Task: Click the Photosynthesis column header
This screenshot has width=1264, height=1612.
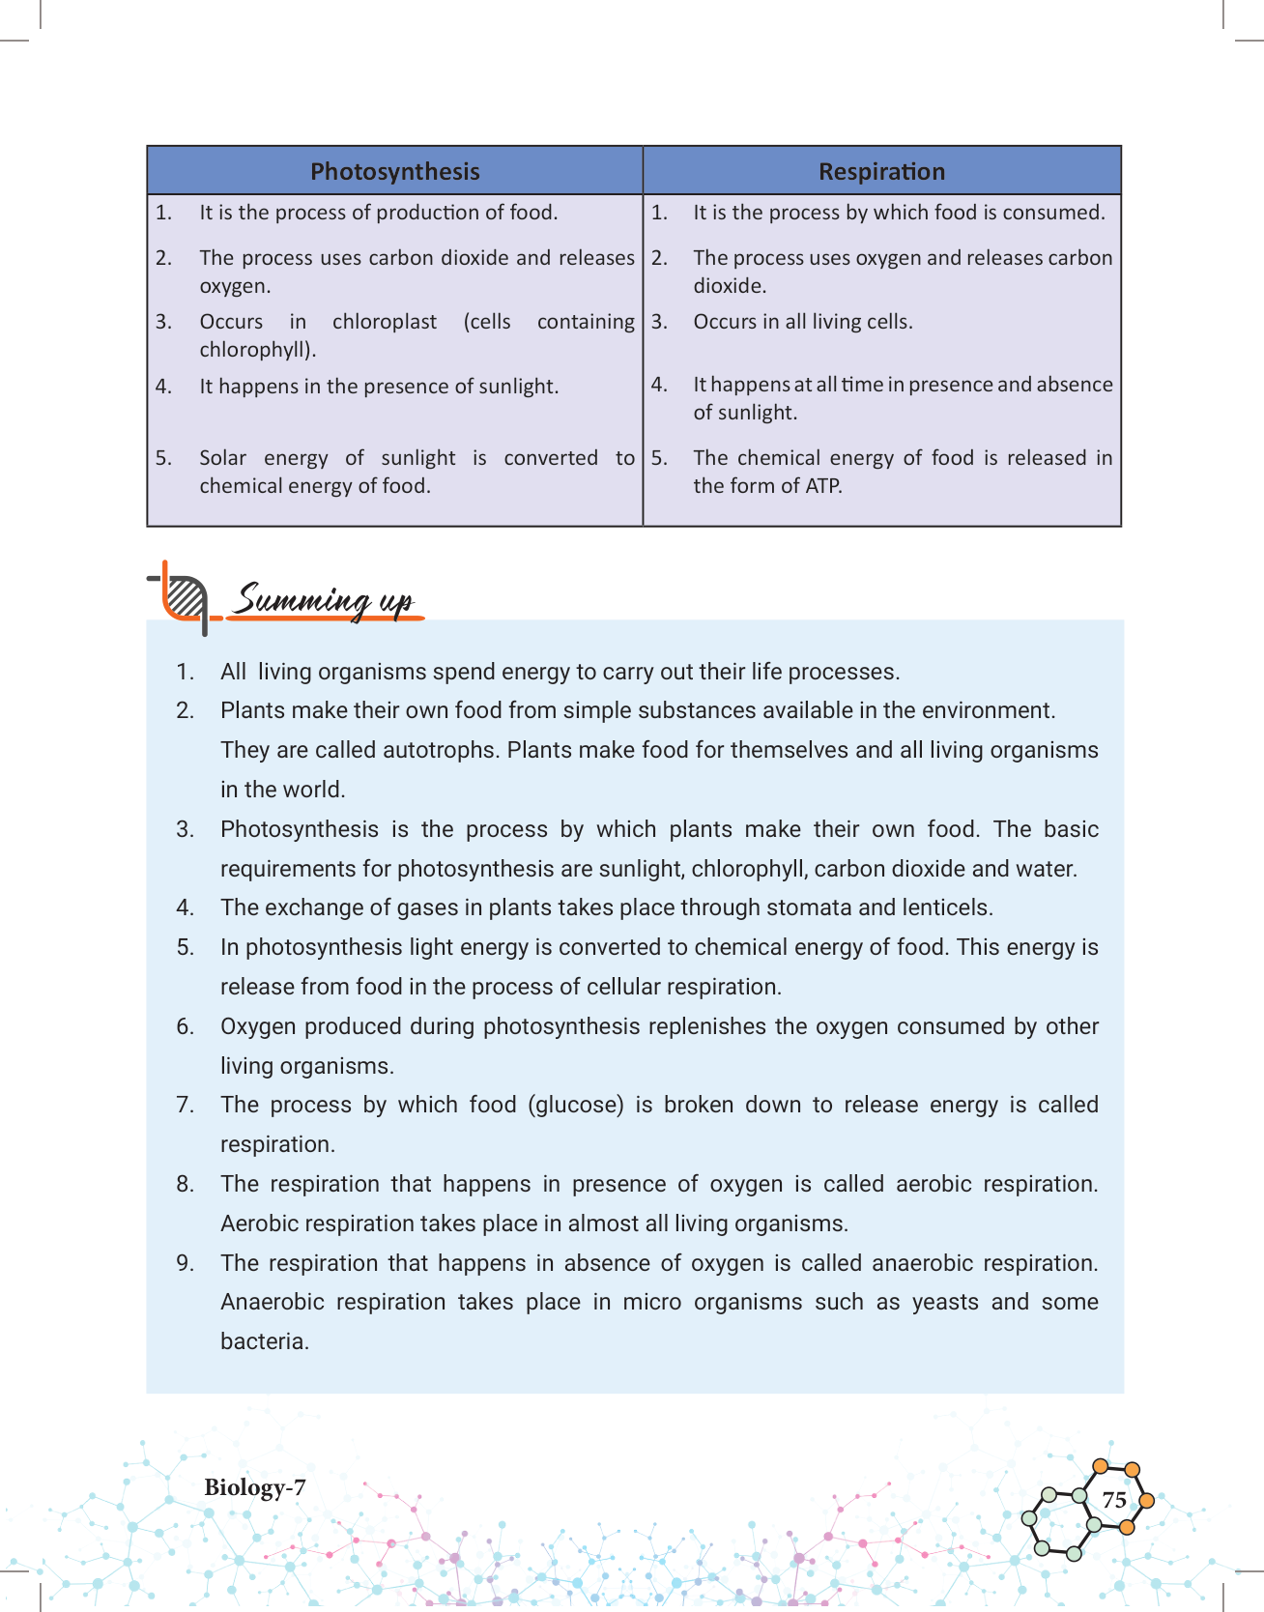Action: pyautogui.click(x=394, y=172)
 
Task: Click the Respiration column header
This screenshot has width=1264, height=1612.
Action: pyautogui.click(x=881, y=172)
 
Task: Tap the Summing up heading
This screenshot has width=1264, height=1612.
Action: pyautogui.click(x=325, y=600)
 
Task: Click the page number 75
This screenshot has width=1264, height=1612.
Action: pyautogui.click(x=1114, y=1500)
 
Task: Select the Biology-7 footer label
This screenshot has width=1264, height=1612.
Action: pyautogui.click(x=255, y=1487)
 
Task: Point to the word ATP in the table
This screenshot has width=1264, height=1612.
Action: pyautogui.click(x=823, y=486)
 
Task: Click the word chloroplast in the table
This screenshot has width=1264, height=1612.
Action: pyautogui.click(x=385, y=322)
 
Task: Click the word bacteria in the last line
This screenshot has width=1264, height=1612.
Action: pyautogui.click(x=264, y=1341)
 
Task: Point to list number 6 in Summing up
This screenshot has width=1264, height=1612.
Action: pyautogui.click(x=185, y=1026)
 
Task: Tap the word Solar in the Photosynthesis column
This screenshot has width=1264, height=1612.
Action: pyautogui.click(x=223, y=458)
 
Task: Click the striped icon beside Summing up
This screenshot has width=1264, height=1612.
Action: pyautogui.click(x=184, y=596)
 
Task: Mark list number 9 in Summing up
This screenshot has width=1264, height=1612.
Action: pyautogui.click(x=185, y=1263)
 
